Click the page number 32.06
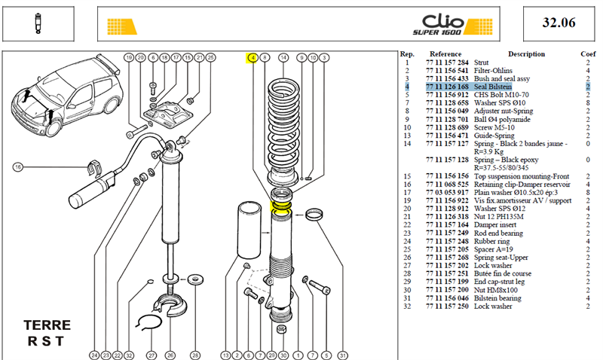pos(559,23)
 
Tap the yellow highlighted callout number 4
pos(253,58)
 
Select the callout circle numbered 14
pos(283,58)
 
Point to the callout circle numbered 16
pos(17,167)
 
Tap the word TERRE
pos(47,325)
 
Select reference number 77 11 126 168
pos(447,87)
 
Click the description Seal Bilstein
pos(493,87)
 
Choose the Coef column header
pos(588,54)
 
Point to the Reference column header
pos(445,54)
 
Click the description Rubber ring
pos(491,241)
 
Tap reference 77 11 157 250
pos(447,307)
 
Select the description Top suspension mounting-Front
pos(521,176)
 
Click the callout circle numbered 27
pos(152,355)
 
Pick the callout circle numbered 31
pos(342,355)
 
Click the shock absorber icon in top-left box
pos(38,23)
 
